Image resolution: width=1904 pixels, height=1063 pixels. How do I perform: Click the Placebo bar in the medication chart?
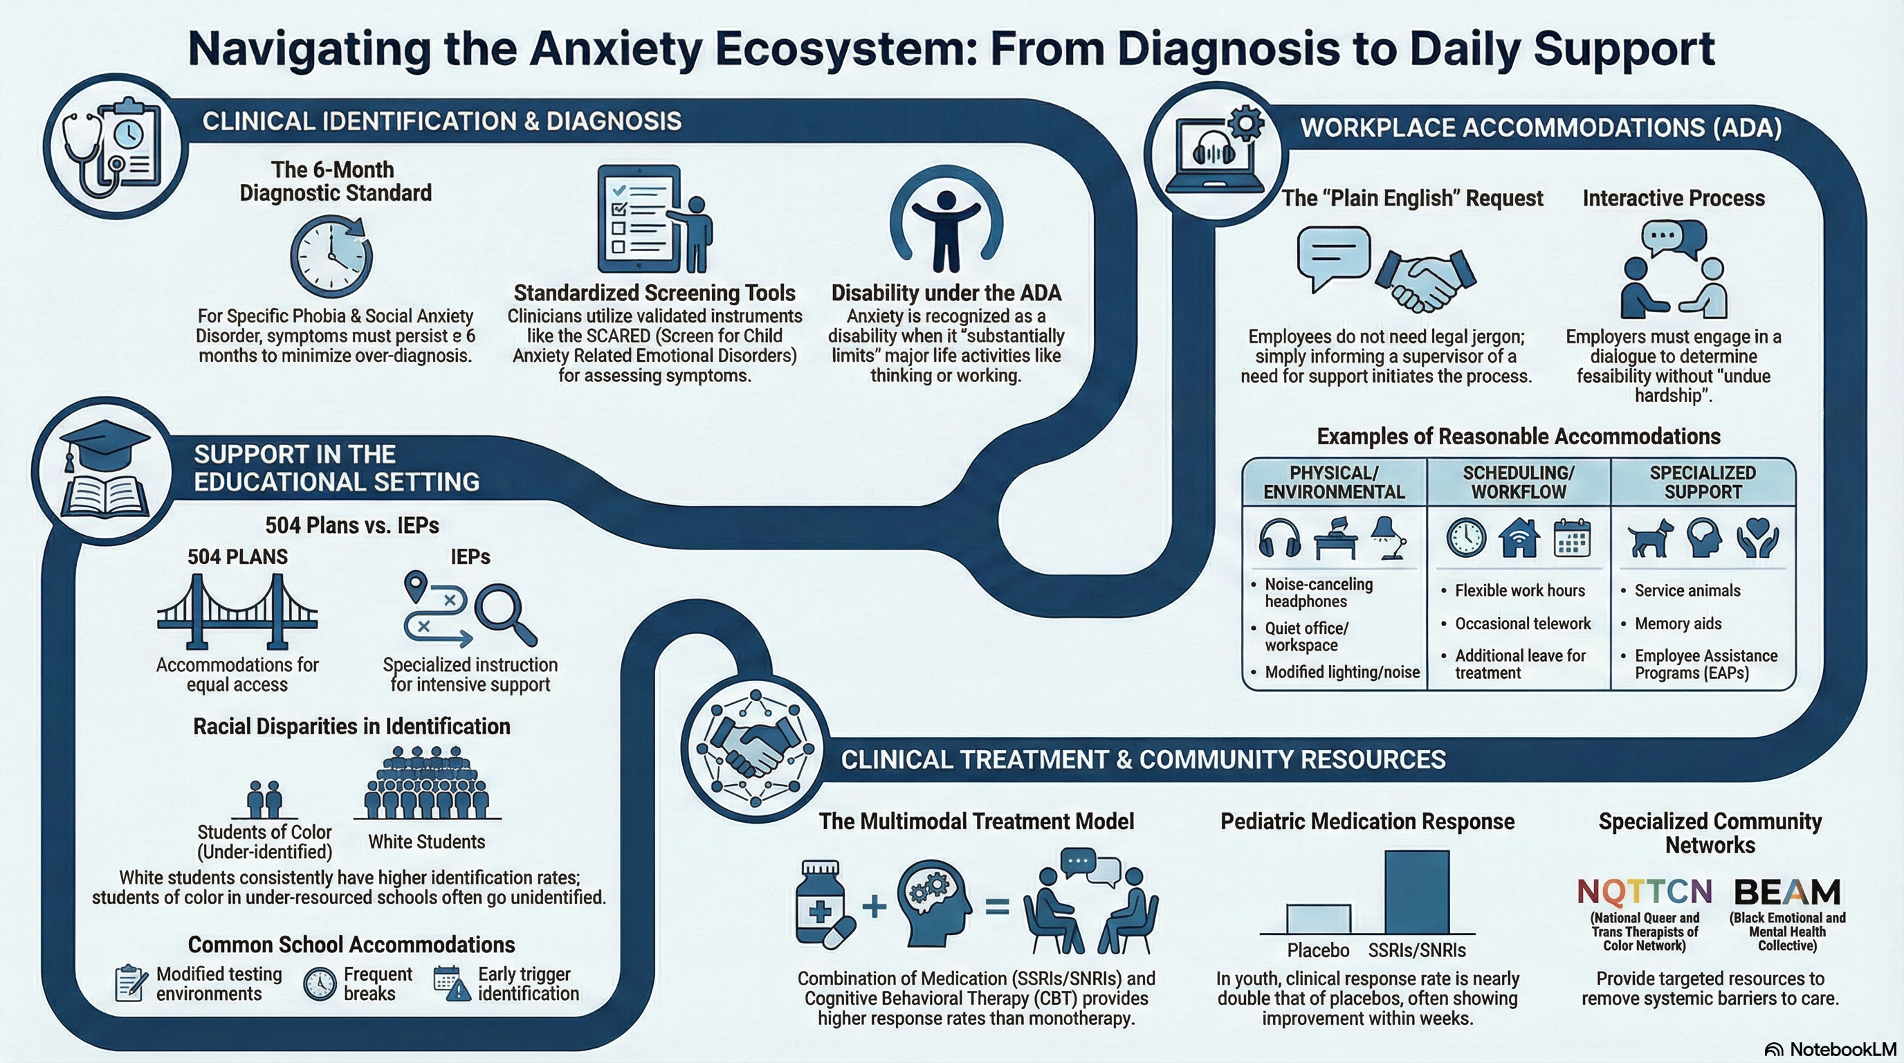point(1318,919)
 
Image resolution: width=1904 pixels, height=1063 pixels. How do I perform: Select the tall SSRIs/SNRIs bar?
point(1416,892)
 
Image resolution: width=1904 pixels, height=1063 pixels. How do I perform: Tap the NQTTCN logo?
point(1644,892)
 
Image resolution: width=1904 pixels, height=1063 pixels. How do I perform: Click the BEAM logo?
point(1787,892)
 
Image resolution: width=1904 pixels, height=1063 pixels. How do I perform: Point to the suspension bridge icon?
point(237,612)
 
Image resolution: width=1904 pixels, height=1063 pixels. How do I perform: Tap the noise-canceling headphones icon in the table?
point(1279,538)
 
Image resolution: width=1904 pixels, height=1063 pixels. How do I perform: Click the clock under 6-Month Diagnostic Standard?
point(331,257)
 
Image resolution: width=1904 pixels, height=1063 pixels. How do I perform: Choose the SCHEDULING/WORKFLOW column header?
point(1518,482)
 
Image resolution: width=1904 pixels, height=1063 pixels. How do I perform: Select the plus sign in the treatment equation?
point(875,905)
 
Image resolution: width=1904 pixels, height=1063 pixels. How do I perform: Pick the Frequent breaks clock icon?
point(320,984)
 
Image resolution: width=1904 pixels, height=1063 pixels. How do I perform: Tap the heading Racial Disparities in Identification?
point(352,727)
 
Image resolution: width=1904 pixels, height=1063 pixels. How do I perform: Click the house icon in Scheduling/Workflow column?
point(1519,538)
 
